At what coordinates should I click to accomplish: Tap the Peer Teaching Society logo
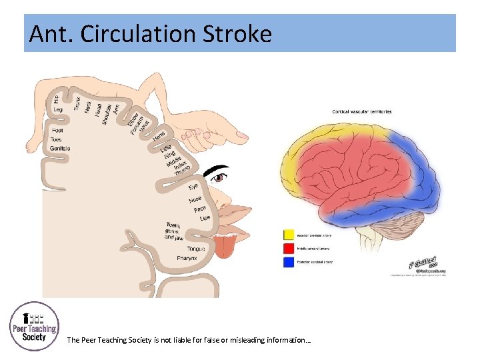point(34,327)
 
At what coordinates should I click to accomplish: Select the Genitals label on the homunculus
point(59,148)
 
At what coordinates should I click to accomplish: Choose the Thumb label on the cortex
point(182,172)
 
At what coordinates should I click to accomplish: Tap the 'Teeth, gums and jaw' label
point(174,231)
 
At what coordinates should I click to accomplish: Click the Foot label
point(57,130)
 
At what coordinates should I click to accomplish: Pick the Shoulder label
point(107,113)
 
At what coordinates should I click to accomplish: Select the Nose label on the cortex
point(195,199)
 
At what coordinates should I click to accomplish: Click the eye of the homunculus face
point(218,178)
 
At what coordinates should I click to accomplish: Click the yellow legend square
point(289,234)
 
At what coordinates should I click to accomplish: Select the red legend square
point(289,247)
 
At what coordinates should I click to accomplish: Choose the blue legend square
point(289,262)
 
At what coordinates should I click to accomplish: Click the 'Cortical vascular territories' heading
point(362,111)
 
